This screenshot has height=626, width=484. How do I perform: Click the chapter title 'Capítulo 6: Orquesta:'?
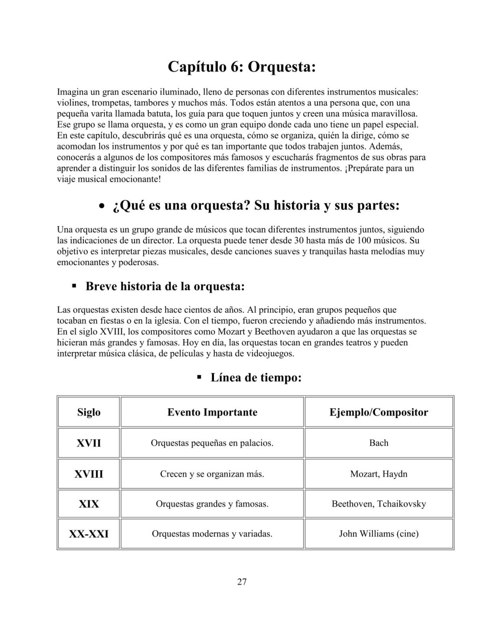[242, 67]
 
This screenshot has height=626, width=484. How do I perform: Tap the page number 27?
[242, 582]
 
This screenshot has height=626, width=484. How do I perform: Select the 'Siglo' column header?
[89, 412]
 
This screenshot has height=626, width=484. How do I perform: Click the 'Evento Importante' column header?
[212, 412]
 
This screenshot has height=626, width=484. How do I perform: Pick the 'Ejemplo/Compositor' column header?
[379, 412]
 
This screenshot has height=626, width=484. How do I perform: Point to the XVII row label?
[89, 443]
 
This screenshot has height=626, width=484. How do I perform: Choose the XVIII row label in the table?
[89, 474]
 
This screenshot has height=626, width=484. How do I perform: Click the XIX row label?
[89, 504]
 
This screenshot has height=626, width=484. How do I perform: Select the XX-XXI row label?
[89, 533]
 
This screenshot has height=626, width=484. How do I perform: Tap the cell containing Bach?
[379, 443]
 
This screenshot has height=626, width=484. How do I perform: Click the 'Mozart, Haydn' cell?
[379, 474]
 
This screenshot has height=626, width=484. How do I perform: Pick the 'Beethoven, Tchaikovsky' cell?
[379, 504]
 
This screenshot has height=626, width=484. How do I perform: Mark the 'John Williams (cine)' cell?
[379, 533]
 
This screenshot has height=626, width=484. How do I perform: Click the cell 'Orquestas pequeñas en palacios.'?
[212, 443]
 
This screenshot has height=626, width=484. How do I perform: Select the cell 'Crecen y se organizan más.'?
[212, 474]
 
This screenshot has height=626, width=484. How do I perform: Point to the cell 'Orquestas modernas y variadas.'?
[212, 533]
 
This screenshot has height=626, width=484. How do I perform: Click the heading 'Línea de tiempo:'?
[256, 377]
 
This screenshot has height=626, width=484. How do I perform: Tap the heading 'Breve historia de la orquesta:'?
[165, 286]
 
